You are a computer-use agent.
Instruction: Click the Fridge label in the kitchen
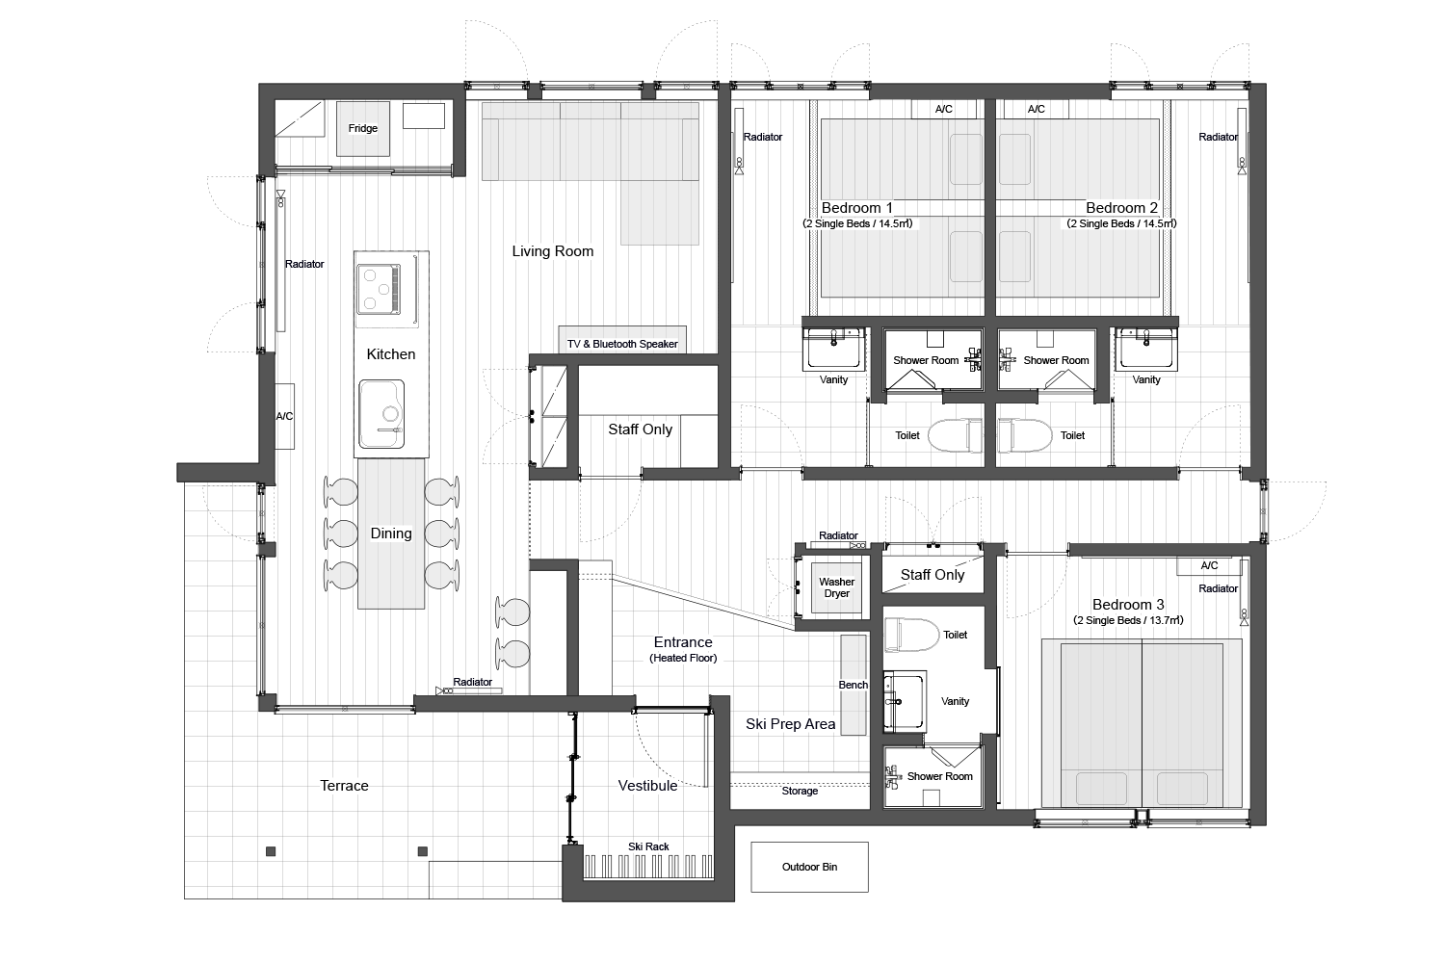pyautogui.click(x=363, y=128)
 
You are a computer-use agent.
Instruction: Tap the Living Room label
pyautogui.click(x=553, y=251)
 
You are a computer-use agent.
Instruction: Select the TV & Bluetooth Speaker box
pyautogui.click(x=622, y=343)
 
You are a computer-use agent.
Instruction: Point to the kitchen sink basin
pyautogui.click(x=382, y=414)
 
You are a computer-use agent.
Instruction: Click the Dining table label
pyautogui.click(x=391, y=534)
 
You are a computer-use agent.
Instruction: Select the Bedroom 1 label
pyautogui.click(x=856, y=208)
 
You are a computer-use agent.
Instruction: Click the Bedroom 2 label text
pyautogui.click(x=1121, y=208)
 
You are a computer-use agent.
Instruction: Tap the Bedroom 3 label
pyautogui.click(x=1128, y=605)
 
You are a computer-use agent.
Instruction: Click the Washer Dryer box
pyautogui.click(x=836, y=587)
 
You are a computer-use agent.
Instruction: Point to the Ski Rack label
pyautogui.click(x=648, y=846)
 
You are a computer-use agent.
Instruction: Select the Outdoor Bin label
pyautogui.click(x=809, y=867)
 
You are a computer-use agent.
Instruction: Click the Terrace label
pyautogui.click(x=344, y=786)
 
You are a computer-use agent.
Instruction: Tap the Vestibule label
pyautogui.click(x=647, y=786)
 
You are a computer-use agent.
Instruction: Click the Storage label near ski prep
pyautogui.click(x=800, y=791)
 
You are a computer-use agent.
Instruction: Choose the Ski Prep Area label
pyautogui.click(x=791, y=724)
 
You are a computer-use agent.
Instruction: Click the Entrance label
pyautogui.click(x=683, y=642)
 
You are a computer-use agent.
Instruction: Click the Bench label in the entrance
pyautogui.click(x=854, y=685)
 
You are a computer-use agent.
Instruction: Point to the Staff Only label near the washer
pyautogui.click(x=933, y=575)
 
